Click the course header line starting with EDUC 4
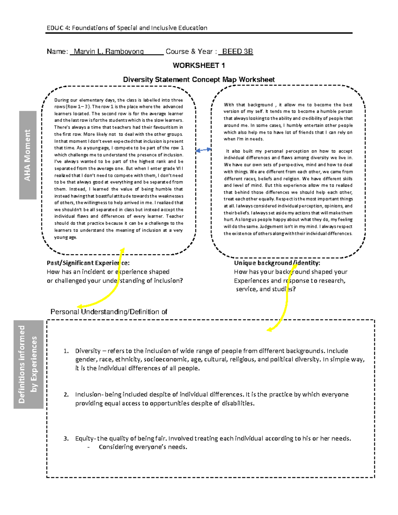[127, 28]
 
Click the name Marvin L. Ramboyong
[108, 51]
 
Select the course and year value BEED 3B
[237, 51]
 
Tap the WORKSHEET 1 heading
[199, 65]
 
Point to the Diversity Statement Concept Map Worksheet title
[199, 80]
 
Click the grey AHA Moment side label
[28, 155]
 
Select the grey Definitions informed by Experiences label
[28, 364]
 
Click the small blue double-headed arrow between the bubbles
[203, 150]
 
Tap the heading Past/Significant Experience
[88, 263]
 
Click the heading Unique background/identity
[277, 263]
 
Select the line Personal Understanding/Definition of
[108, 312]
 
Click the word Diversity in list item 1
[88, 351]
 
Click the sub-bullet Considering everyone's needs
[143, 447]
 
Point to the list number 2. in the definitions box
[66, 395]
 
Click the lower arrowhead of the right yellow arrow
[269, 330]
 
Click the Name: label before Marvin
[57, 51]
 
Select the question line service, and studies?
[265, 289]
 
